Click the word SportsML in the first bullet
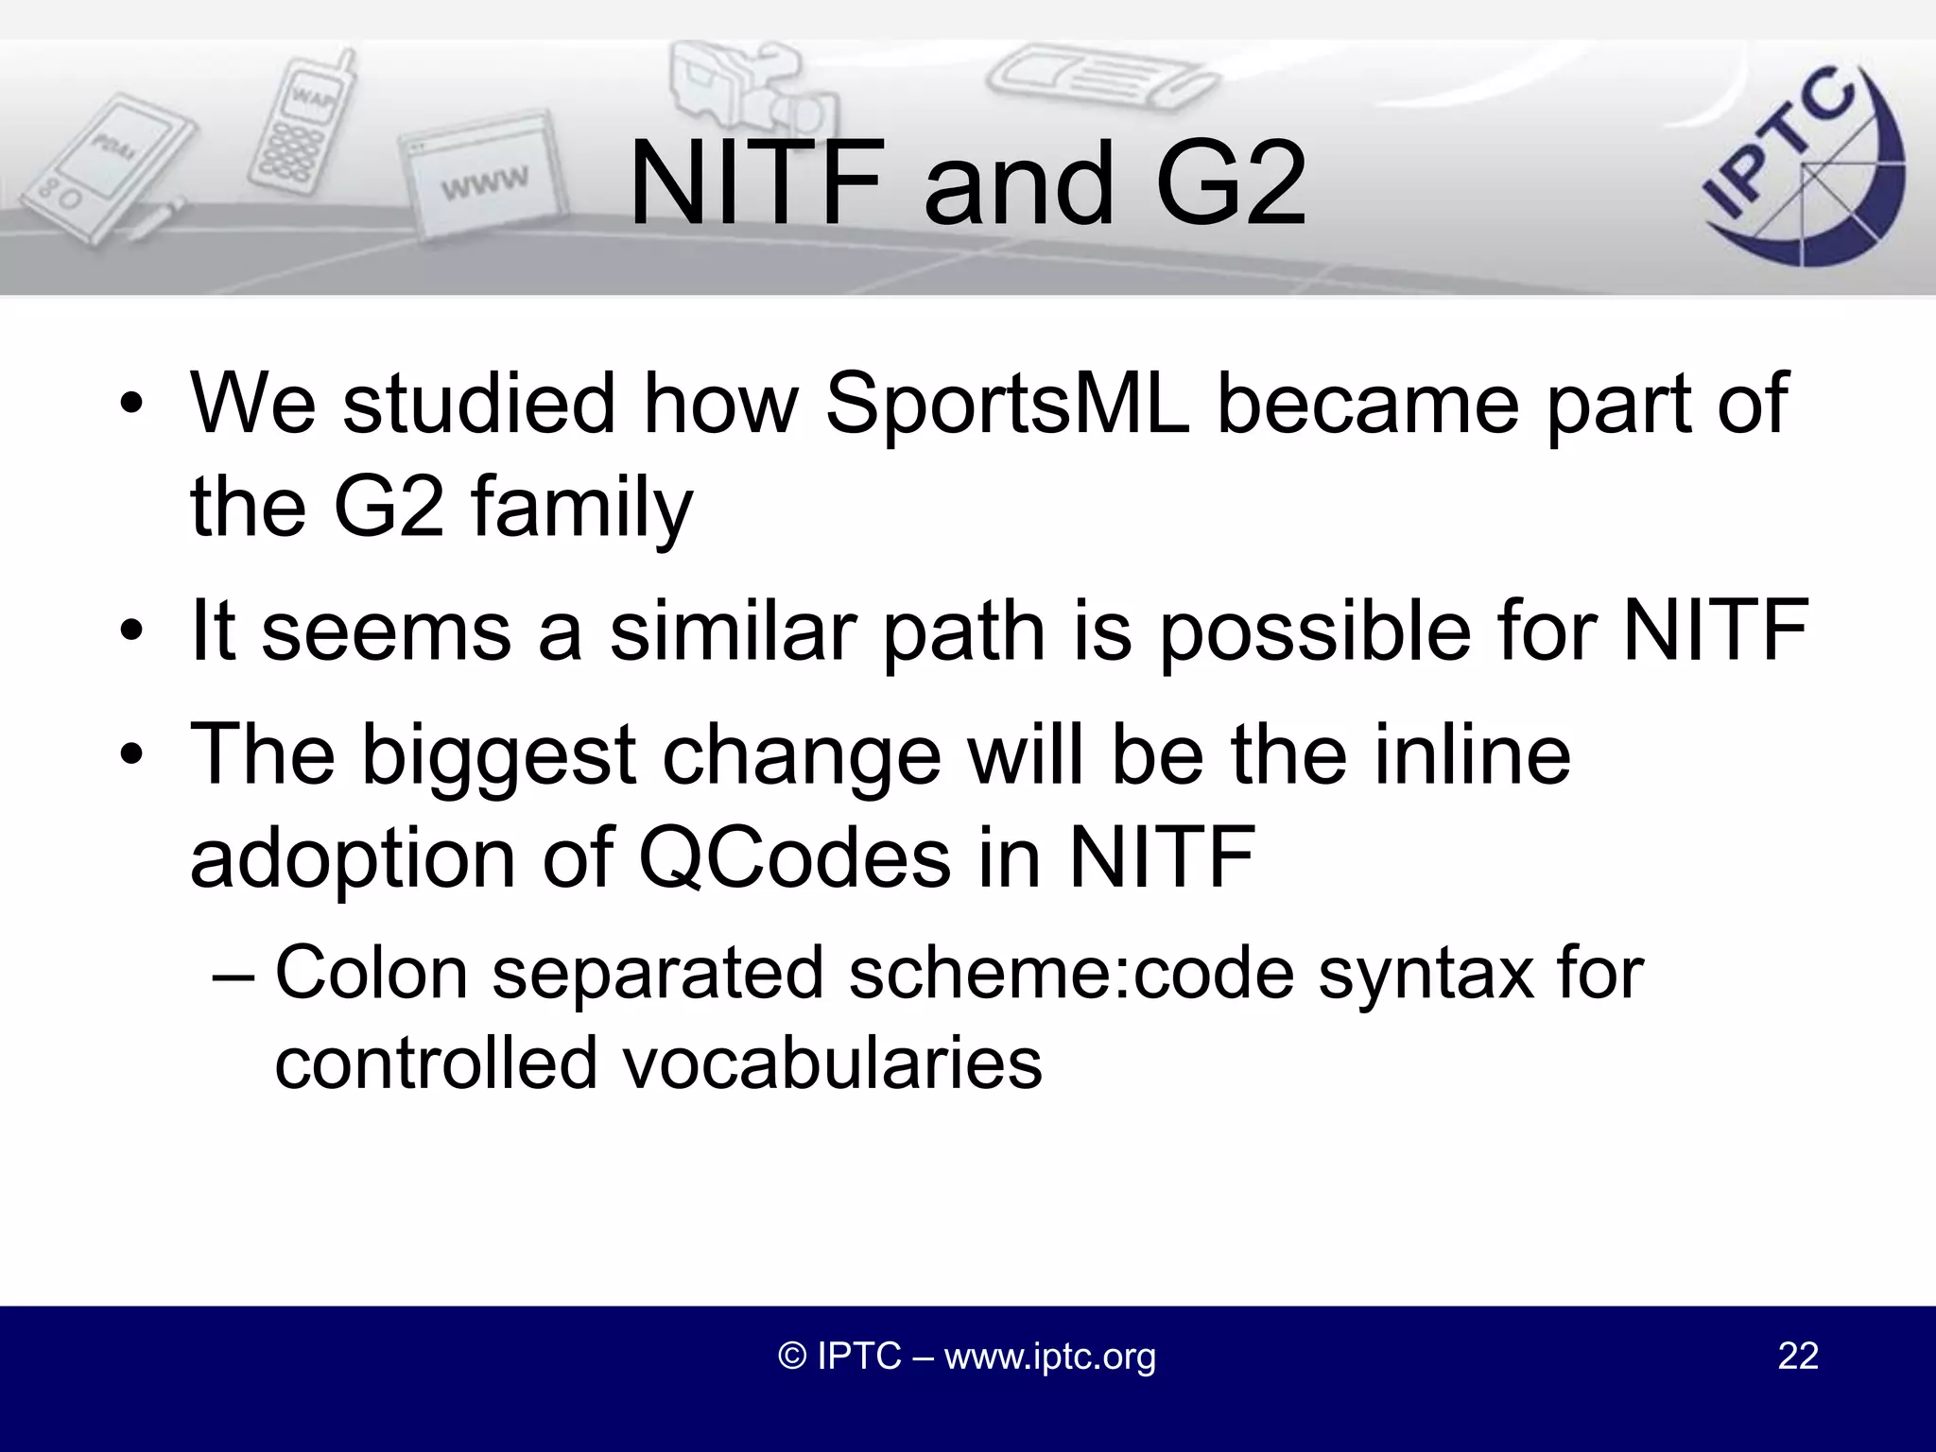click(1006, 404)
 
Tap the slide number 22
click(1798, 1356)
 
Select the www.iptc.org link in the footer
click(1049, 1357)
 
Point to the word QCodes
click(793, 857)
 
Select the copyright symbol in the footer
click(791, 1357)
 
